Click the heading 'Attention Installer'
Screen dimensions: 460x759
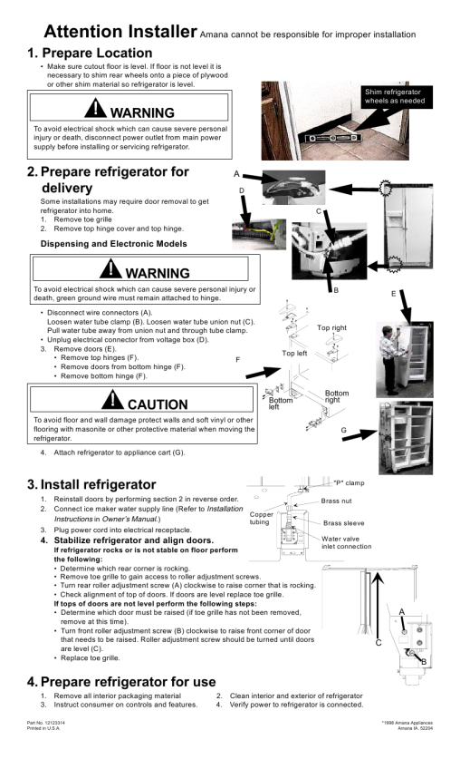coord(120,32)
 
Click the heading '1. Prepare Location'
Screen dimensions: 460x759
coord(90,53)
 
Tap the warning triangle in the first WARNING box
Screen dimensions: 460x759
coord(95,108)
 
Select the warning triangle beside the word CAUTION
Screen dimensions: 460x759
coord(112,399)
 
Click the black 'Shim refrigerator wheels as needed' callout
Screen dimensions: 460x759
coord(395,96)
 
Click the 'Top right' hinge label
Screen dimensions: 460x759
coord(331,327)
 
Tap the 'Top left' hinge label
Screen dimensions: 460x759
coord(294,354)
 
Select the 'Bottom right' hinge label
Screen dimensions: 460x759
coord(336,396)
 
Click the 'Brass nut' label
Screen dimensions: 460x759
coord(336,501)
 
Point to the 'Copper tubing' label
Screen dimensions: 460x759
coord(262,518)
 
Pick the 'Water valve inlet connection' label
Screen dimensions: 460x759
coord(347,542)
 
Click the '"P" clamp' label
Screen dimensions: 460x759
coord(349,483)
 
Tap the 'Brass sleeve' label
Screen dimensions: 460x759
coord(344,523)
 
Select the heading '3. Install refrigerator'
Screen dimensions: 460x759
coord(91,484)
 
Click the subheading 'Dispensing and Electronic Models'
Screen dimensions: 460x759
coord(113,244)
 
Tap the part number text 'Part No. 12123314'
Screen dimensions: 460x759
coord(46,723)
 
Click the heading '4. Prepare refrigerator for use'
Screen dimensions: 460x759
coord(121,682)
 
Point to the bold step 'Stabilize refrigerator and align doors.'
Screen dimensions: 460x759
coord(134,540)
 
